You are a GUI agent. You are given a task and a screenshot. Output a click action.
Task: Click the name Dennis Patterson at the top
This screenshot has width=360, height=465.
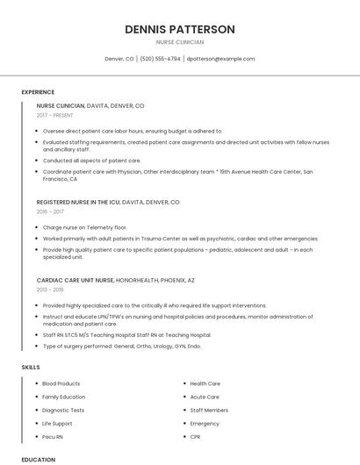click(x=180, y=29)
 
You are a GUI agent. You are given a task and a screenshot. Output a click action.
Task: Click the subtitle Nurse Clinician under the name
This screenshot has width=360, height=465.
click(x=180, y=42)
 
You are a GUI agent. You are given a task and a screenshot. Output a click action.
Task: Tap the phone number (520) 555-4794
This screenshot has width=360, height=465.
click(x=160, y=59)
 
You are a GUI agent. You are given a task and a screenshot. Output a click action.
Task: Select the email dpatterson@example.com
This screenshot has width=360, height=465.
click(x=220, y=59)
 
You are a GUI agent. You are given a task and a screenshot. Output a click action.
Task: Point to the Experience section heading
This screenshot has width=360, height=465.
click(x=38, y=92)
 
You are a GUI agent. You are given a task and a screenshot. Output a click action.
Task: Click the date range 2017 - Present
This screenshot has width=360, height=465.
click(x=55, y=115)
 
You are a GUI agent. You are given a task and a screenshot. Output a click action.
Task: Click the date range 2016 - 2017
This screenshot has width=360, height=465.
click(x=50, y=211)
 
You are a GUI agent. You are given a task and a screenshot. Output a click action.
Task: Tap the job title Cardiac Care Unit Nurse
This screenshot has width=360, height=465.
click(x=76, y=280)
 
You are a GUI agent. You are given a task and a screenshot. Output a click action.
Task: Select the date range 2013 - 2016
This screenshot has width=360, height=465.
click(x=50, y=290)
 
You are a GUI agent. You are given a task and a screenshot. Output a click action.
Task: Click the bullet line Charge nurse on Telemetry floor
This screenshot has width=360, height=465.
click(x=84, y=227)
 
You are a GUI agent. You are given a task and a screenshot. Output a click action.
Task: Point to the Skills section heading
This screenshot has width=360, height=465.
click(x=31, y=367)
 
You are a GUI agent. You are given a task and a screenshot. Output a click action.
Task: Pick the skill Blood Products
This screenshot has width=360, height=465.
click(x=61, y=383)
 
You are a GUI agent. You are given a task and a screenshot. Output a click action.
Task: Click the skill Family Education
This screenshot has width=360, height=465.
click(x=64, y=397)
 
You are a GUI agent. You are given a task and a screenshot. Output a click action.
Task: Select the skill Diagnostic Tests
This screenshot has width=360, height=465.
click(x=64, y=410)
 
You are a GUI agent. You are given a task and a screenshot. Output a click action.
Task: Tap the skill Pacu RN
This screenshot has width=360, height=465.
click(x=53, y=436)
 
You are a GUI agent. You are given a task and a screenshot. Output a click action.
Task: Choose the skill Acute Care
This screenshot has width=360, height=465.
click(x=205, y=397)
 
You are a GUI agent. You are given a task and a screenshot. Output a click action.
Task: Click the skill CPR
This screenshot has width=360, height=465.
click(x=195, y=436)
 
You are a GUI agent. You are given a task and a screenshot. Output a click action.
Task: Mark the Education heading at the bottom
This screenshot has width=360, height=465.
click(x=38, y=459)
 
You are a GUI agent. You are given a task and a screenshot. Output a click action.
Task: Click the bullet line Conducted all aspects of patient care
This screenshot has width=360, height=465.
click(x=91, y=161)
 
